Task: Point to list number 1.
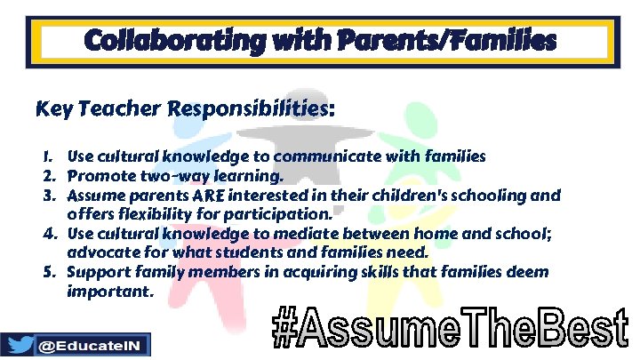pyautogui.click(x=52, y=156)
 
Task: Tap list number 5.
pyautogui.click(x=52, y=272)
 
